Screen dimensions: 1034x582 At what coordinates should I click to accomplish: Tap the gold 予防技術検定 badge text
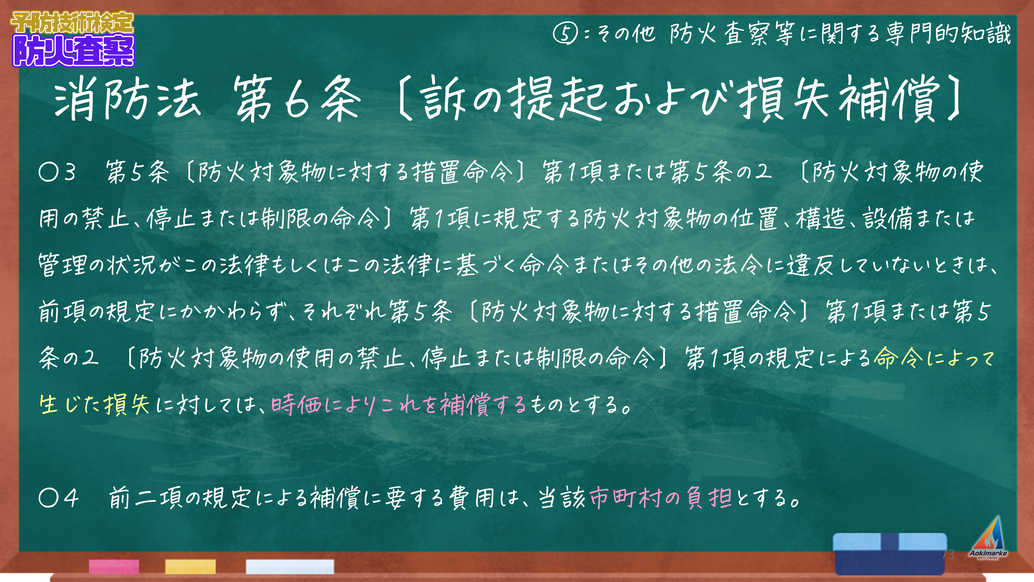[72, 23]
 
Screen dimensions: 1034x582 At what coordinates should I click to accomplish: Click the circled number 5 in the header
[565, 34]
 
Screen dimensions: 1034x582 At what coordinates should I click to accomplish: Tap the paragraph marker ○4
[59, 498]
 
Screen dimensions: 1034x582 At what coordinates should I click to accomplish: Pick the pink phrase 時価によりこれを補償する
[399, 404]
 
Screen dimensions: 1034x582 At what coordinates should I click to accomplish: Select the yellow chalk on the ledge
[190, 566]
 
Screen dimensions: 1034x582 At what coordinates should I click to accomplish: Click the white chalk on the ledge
[290, 566]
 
